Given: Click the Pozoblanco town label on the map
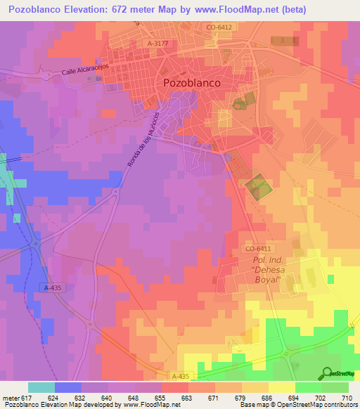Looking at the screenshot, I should pos(191,82).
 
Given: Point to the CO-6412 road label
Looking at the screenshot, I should pos(219,27).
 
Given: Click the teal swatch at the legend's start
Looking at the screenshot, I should pos(41,387).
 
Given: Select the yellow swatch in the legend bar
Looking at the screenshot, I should pos(282,387).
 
